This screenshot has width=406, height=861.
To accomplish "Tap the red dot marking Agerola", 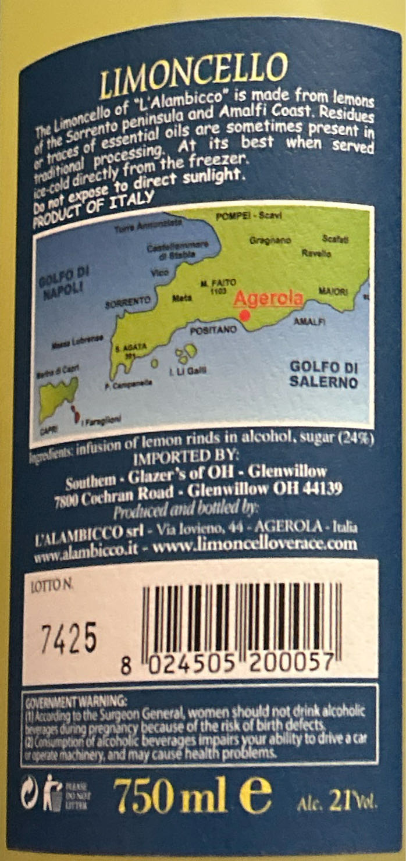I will click(x=244, y=315).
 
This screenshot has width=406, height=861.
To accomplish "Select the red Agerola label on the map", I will click(x=268, y=298).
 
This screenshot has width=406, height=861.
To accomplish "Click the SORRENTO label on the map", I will click(x=128, y=303).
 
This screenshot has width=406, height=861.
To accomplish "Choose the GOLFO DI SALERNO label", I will click(x=323, y=375).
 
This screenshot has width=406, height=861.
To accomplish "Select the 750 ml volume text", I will click(x=170, y=796).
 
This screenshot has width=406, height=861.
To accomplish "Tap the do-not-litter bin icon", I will click(x=54, y=791).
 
